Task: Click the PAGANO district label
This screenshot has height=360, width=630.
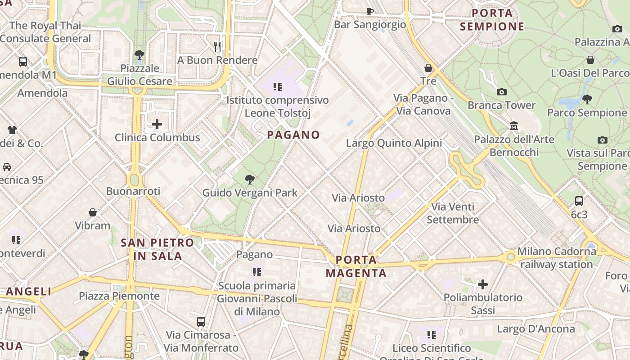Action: click(293, 135)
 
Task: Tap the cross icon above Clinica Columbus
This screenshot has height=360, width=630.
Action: click(157, 124)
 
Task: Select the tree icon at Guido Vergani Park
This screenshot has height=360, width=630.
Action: click(249, 180)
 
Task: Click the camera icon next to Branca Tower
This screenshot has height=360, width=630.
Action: click(502, 92)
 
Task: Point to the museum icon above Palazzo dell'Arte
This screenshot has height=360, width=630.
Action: click(514, 126)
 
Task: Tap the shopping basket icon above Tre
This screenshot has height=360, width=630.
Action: click(428, 68)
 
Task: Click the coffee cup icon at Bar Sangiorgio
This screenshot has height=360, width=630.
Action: click(370, 11)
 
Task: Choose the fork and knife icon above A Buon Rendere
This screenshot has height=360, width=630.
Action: click(217, 46)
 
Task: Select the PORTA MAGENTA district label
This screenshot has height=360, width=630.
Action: click(356, 266)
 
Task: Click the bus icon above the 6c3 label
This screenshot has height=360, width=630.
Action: click(579, 201)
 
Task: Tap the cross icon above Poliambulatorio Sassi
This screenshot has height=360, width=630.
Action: click(483, 284)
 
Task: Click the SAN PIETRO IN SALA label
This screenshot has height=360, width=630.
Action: click(157, 249)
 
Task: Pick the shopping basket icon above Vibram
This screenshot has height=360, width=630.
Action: click(93, 212)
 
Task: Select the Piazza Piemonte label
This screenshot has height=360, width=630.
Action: click(119, 296)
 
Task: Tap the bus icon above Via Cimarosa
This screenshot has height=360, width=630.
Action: click(201, 322)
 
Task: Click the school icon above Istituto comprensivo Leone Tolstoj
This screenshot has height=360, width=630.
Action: click(277, 86)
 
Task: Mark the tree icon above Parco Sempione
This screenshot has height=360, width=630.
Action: click(587, 99)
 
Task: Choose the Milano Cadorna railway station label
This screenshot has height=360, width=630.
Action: click(557, 258)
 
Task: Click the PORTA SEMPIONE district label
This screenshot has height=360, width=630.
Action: click(492, 20)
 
